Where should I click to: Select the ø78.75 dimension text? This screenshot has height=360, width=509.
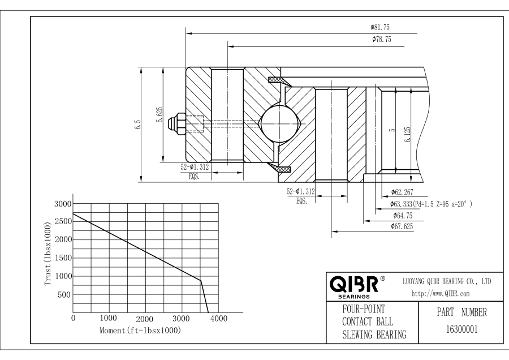pos(382,40)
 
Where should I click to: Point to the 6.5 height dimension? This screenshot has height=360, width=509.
pos(138,125)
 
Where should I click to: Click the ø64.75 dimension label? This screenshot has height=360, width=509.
pos(403,215)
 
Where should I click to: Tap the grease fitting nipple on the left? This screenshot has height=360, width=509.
pos(180,123)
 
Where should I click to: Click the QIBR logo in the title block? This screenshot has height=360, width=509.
pos(356,284)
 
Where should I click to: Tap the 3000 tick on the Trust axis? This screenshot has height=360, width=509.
pos(61,204)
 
